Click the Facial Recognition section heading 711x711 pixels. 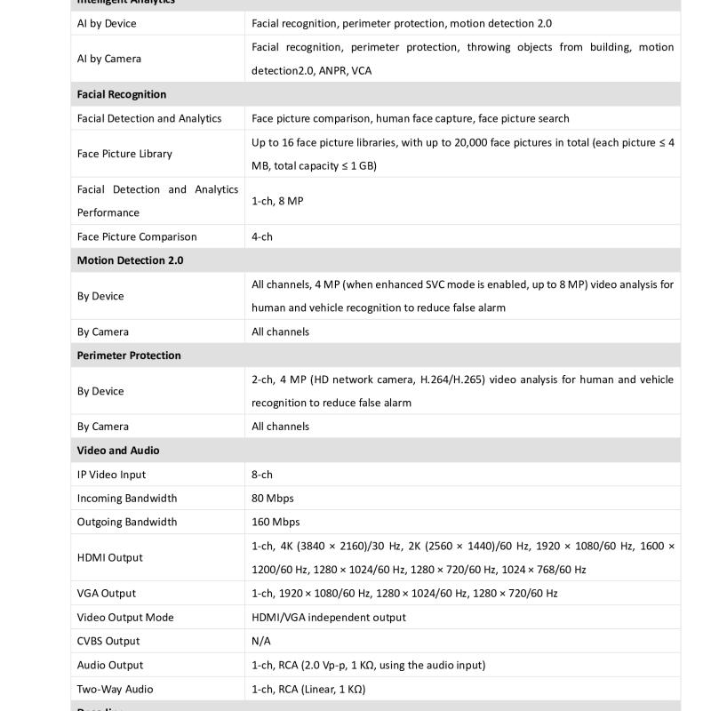pos(122,94)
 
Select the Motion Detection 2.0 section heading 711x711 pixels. pos(131,260)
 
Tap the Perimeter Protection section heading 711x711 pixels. pos(129,355)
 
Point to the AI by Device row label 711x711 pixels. pos(107,23)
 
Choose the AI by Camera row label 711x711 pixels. pos(108,59)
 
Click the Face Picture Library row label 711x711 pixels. pos(124,154)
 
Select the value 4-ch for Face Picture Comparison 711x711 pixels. pos(262,236)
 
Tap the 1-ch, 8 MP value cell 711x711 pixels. pos(277,201)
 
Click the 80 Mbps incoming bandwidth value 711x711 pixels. pos(273,498)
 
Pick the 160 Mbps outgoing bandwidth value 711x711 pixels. pos(276,522)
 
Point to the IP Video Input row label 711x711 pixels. pos(111,475)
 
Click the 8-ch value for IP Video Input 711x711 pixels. pos(262,475)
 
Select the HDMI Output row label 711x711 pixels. pos(110,557)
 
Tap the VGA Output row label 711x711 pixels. pos(107,593)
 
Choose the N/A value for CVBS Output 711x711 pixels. pos(261,641)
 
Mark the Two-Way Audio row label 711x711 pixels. pos(115,689)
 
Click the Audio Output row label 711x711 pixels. pos(110,665)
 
